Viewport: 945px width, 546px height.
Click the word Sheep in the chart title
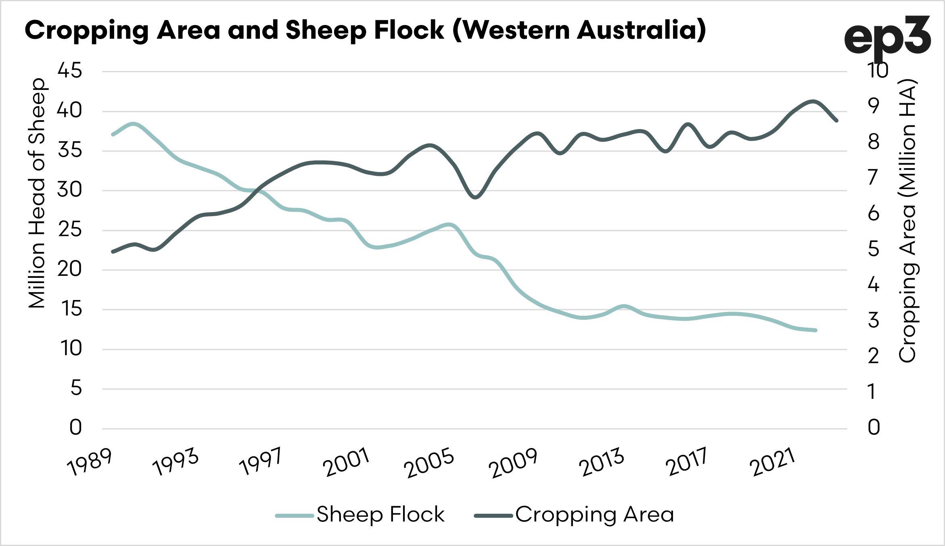(324, 31)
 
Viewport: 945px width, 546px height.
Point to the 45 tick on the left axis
(70, 71)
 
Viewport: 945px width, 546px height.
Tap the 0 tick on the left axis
(75, 428)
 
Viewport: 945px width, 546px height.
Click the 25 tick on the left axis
(70, 230)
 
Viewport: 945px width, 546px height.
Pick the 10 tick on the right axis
(878, 71)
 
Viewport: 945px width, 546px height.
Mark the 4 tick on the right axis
(873, 285)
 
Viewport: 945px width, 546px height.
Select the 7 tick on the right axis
(873, 177)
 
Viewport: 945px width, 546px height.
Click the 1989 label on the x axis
(90, 462)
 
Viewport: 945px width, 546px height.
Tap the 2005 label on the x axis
(429, 464)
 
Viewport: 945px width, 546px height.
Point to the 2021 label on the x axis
(772, 462)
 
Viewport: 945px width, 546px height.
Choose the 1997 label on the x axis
(260, 462)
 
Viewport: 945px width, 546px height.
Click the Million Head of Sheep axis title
(37, 194)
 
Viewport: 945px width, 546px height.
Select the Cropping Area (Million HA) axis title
(908, 221)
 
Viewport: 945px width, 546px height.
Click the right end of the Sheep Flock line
(815, 330)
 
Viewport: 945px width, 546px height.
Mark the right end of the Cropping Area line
(836, 120)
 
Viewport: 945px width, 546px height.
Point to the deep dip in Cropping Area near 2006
(475, 197)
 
